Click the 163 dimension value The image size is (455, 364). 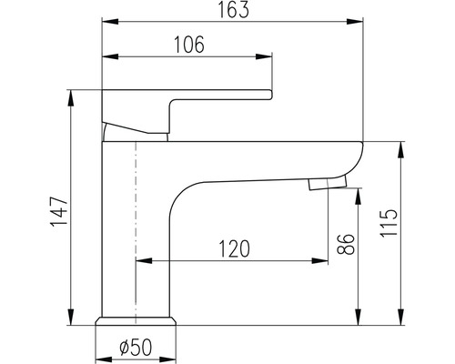(x=234, y=9)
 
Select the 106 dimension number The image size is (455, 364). (x=189, y=45)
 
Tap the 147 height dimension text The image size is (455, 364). (x=58, y=212)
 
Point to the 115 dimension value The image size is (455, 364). (x=389, y=223)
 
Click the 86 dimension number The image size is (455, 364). (x=346, y=244)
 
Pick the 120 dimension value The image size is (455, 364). (x=234, y=248)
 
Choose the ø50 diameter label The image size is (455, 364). (x=136, y=347)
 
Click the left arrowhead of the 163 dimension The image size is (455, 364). (x=110, y=22)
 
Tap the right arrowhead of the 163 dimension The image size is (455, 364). (x=355, y=22)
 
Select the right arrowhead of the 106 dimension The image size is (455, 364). (x=264, y=56)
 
